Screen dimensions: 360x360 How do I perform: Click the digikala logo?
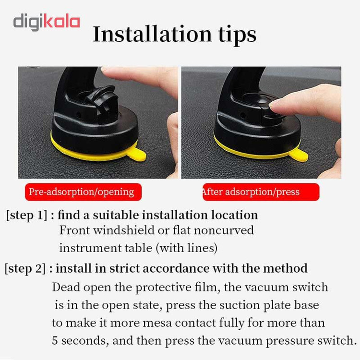[47, 22]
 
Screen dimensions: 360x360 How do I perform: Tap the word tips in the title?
[238, 35]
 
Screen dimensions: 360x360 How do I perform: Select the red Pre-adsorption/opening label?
[84, 192]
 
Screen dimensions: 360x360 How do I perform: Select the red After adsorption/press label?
[261, 192]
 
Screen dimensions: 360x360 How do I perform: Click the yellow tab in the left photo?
[136, 154]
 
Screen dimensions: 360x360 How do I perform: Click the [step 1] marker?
[26, 216]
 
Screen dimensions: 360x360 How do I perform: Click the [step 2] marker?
[25, 269]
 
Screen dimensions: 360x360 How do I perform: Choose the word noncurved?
[224, 230]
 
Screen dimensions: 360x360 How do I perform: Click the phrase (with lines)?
[187, 248]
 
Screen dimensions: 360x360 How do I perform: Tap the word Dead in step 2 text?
[66, 287]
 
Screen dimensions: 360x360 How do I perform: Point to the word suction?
[240, 305]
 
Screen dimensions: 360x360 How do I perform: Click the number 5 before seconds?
[55, 340]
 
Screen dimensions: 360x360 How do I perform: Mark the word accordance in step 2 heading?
[176, 269]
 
